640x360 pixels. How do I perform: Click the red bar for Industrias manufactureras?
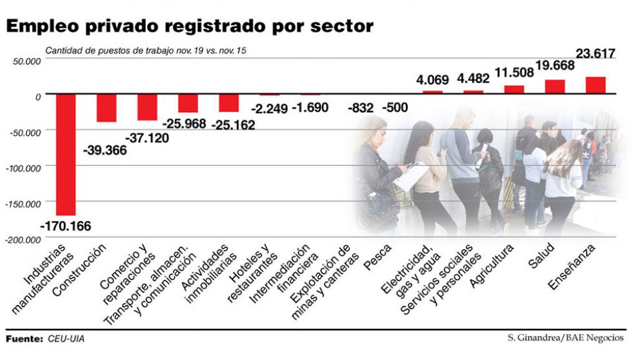click(x=66, y=155)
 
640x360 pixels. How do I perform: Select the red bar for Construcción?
click(x=106, y=108)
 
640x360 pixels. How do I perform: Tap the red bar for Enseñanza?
click(x=595, y=86)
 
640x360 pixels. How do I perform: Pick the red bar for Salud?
click(x=555, y=87)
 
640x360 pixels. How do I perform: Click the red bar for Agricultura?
click(x=514, y=90)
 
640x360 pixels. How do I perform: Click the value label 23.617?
click(x=595, y=54)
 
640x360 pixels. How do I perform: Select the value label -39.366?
click(x=105, y=150)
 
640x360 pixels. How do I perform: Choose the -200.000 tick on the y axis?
click(x=24, y=239)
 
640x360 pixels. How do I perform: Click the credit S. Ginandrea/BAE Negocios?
click(x=566, y=337)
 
